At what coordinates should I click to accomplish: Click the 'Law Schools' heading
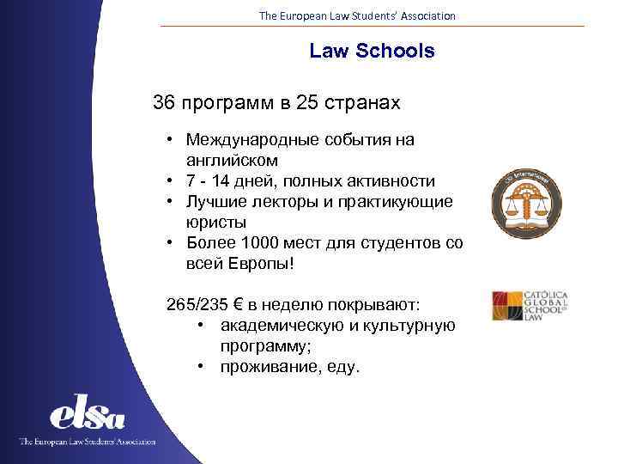click(x=372, y=52)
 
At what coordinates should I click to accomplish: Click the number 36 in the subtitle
click(x=164, y=104)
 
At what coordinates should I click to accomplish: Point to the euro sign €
click(x=248, y=305)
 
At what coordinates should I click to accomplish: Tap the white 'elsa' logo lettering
click(x=88, y=416)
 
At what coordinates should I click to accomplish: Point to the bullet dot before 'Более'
click(x=172, y=244)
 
